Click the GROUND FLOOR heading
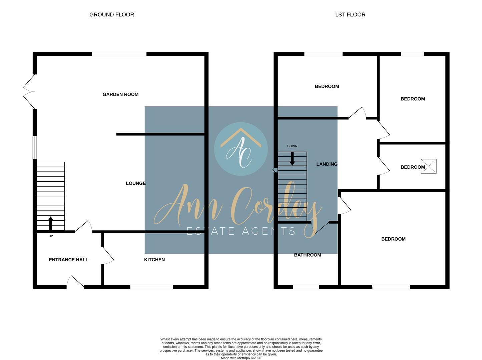point(112,15)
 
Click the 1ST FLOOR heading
point(350,15)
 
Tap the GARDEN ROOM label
point(120,94)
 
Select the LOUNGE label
point(136,183)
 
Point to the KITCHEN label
point(154,260)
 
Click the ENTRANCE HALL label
point(68,260)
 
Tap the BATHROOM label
point(308,255)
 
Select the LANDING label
point(327,164)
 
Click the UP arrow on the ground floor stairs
point(51,223)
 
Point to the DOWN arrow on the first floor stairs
point(292,159)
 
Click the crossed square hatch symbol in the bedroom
point(429,166)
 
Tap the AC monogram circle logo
point(241,149)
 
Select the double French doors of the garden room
point(29,92)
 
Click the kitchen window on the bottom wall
point(151,287)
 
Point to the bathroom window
point(306,287)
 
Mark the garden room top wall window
point(119,54)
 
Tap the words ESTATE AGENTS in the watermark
point(241,231)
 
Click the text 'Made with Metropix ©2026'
point(241,358)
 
